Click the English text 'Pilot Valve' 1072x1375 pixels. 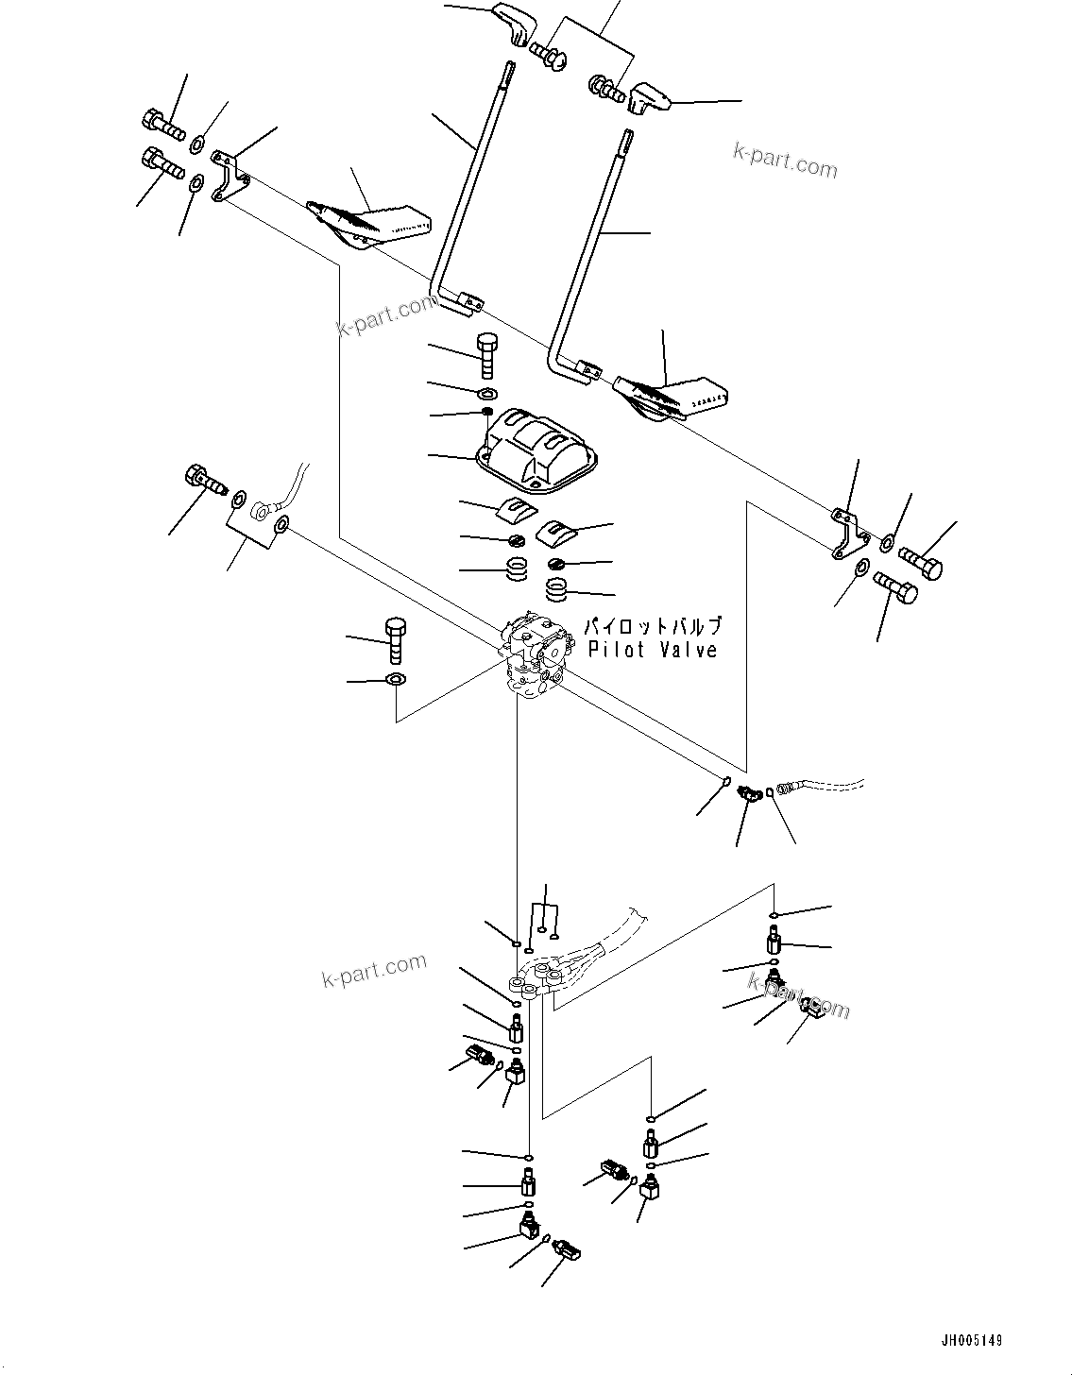[x=652, y=650]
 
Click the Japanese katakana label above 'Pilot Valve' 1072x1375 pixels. [x=652, y=626]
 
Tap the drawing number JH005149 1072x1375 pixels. [x=970, y=1340]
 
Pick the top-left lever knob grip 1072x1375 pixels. [x=513, y=21]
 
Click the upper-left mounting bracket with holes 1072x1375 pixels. [x=228, y=176]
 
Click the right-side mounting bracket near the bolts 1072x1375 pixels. [x=849, y=533]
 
